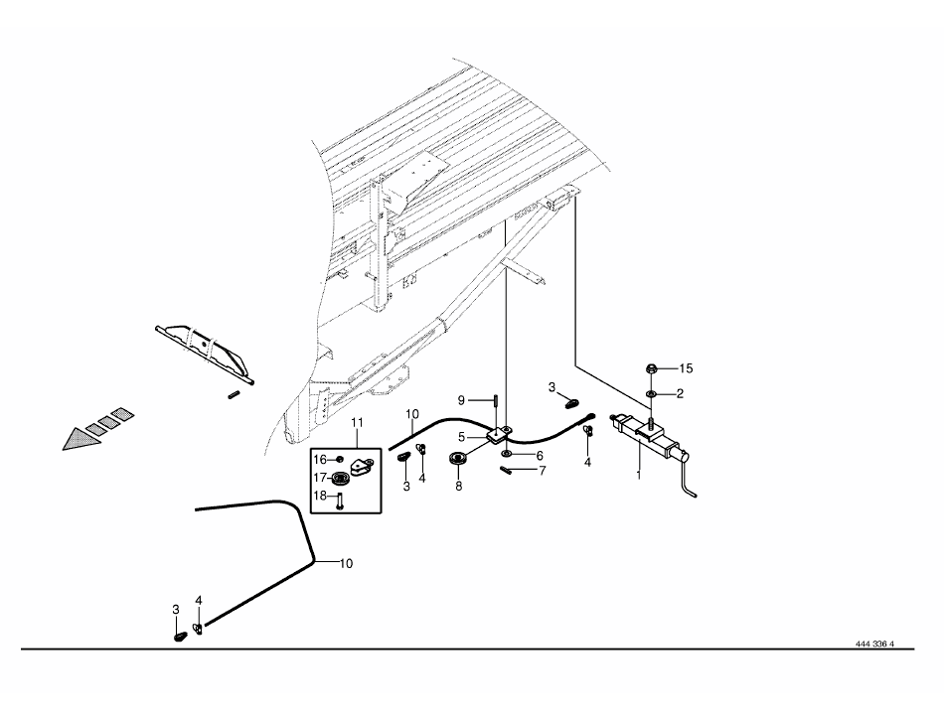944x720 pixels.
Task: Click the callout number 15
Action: pos(686,368)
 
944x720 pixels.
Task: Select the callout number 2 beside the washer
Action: pos(680,394)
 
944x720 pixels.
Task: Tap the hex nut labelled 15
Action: pos(652,368)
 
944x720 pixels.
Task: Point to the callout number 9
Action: pos(461,400)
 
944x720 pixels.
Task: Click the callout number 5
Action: pos(461,437)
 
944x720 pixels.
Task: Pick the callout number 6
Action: pos(540,456)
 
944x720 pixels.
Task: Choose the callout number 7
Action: pos(542,471)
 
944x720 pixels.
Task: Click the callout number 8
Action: pos(458,486)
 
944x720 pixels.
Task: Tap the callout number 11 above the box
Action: pos(357,422)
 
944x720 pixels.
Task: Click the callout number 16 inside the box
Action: pos(320,460)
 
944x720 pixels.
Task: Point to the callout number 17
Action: pos(320,478)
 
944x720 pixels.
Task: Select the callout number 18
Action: pos(320,496)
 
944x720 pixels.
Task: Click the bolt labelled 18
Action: pos(339,501)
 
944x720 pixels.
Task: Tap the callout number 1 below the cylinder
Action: pos(639,475)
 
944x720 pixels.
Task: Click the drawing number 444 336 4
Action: pos(874,643)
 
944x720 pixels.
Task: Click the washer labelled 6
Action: pos(506,451)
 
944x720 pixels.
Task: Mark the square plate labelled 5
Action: pos(499,434)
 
